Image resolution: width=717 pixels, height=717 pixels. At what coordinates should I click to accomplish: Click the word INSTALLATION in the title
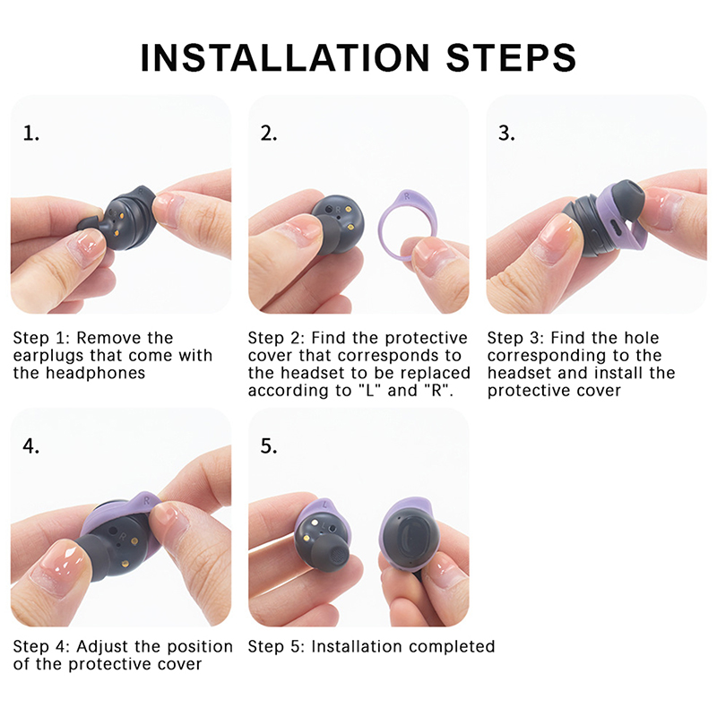pyautogui.click(x=285, y=58)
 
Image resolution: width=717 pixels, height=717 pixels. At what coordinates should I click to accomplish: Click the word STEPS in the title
pyautogui.click(x=511, y=58)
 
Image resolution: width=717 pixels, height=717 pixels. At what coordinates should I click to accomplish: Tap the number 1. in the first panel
pyautogui.click(x=31, y=134)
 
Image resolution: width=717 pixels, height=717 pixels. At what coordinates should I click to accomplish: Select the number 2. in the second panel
pyautogui.click(x=269, y=134)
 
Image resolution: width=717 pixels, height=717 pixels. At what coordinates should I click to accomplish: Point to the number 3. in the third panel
pyautogui.click(x=506, y=134)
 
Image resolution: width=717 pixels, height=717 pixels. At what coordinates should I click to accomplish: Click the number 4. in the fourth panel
pyautogui.click(x=31, y=445)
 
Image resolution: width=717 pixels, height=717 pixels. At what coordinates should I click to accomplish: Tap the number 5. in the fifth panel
pyautogui.click(x=269, y=445)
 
